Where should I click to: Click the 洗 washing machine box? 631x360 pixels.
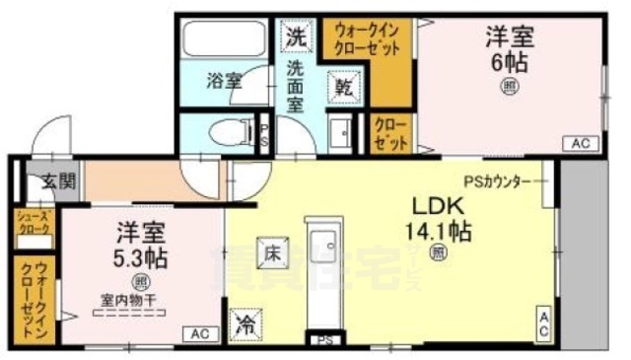point(294,38)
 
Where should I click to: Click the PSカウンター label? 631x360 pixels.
point(498,181)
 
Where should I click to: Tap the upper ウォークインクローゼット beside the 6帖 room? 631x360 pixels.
point(368,38)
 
